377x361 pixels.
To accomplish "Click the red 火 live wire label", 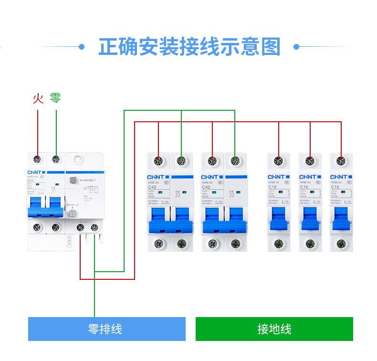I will coord(38,98).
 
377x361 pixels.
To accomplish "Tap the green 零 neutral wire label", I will coord(55,98).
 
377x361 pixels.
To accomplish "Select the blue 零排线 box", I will coord(106,329).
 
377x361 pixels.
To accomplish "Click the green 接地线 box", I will coord(274,329).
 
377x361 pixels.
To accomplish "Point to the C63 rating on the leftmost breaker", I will coord(31,181).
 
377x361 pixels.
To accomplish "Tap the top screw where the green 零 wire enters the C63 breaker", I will coord(56,159).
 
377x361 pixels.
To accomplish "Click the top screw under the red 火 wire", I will coord(37,159).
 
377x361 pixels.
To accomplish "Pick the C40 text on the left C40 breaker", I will coord(152,187).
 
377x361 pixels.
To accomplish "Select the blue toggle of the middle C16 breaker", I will coord(309,223).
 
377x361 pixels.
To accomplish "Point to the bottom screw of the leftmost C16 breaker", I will coord(278,244).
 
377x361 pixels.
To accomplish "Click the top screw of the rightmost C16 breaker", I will coord(341,161).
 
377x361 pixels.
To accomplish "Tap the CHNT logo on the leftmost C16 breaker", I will coord(276,177).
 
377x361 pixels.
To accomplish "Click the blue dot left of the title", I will coord(82,47).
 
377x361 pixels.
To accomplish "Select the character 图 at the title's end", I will coord(270,47).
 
